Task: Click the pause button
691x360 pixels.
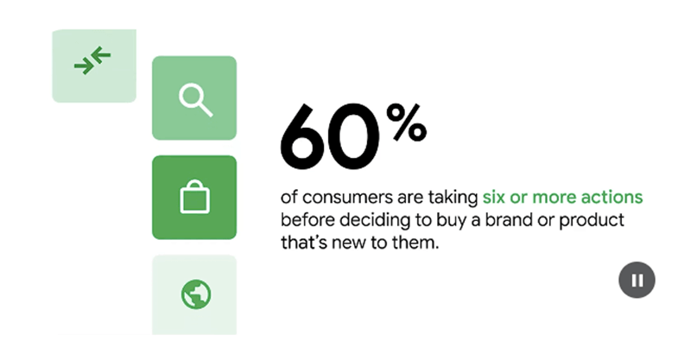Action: click(x=637, y=280)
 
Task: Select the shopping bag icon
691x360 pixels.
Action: click(x=193, y=198)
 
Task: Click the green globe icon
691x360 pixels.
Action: click(x=194, y=295)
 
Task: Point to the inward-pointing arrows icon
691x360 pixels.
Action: click(x=92, y=62)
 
